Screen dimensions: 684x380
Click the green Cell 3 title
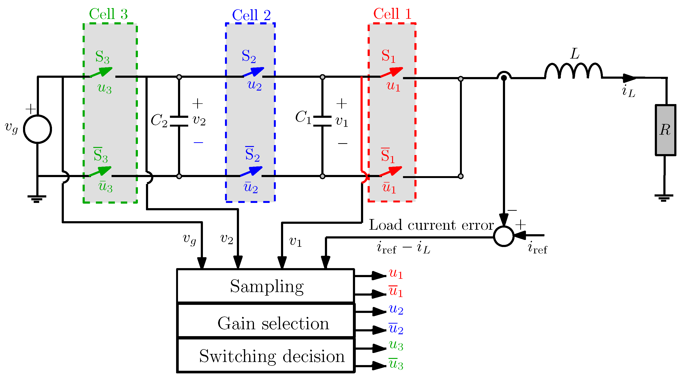108,14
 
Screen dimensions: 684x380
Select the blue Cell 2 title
251,15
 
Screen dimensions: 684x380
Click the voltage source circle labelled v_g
37,129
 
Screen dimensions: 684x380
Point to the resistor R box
665,130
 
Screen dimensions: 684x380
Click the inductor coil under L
574,71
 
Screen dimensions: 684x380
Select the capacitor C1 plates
322,121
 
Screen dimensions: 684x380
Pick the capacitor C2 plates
179,121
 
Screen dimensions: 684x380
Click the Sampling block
266,286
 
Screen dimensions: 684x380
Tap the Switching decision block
266,355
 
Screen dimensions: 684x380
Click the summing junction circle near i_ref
504,236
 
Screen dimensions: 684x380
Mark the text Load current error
431,225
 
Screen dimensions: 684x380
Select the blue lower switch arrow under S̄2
251,171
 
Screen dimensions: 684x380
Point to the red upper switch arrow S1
392,72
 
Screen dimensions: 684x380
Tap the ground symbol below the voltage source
37,199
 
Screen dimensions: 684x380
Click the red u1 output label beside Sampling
396,274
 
